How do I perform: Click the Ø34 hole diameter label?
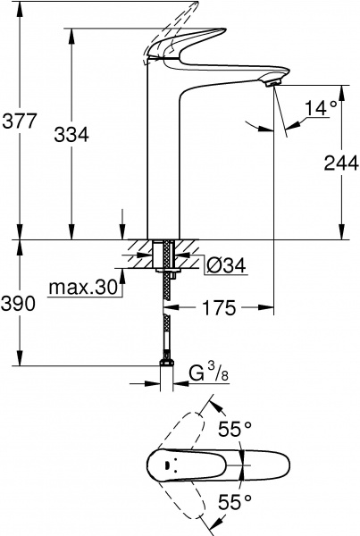[225, 264]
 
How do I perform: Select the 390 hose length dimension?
[20, 304]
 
